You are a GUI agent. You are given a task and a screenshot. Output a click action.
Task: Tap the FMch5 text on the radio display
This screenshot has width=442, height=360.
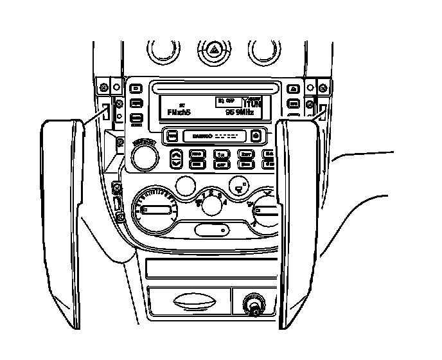click(175, 112)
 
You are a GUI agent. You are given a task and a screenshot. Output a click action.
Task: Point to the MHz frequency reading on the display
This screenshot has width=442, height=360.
click(239, 112)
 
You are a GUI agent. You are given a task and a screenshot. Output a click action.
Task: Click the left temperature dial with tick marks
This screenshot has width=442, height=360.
click(155, 210)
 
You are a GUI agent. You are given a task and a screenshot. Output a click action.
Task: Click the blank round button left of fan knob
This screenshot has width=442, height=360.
click(186, 186)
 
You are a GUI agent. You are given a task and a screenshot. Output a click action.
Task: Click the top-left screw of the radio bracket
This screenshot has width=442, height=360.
click(103, 86)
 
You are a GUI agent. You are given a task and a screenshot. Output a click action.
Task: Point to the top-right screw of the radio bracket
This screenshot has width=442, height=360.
click(323, 86)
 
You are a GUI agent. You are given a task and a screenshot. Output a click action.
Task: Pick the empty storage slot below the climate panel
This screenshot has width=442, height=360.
click(208, 267)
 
